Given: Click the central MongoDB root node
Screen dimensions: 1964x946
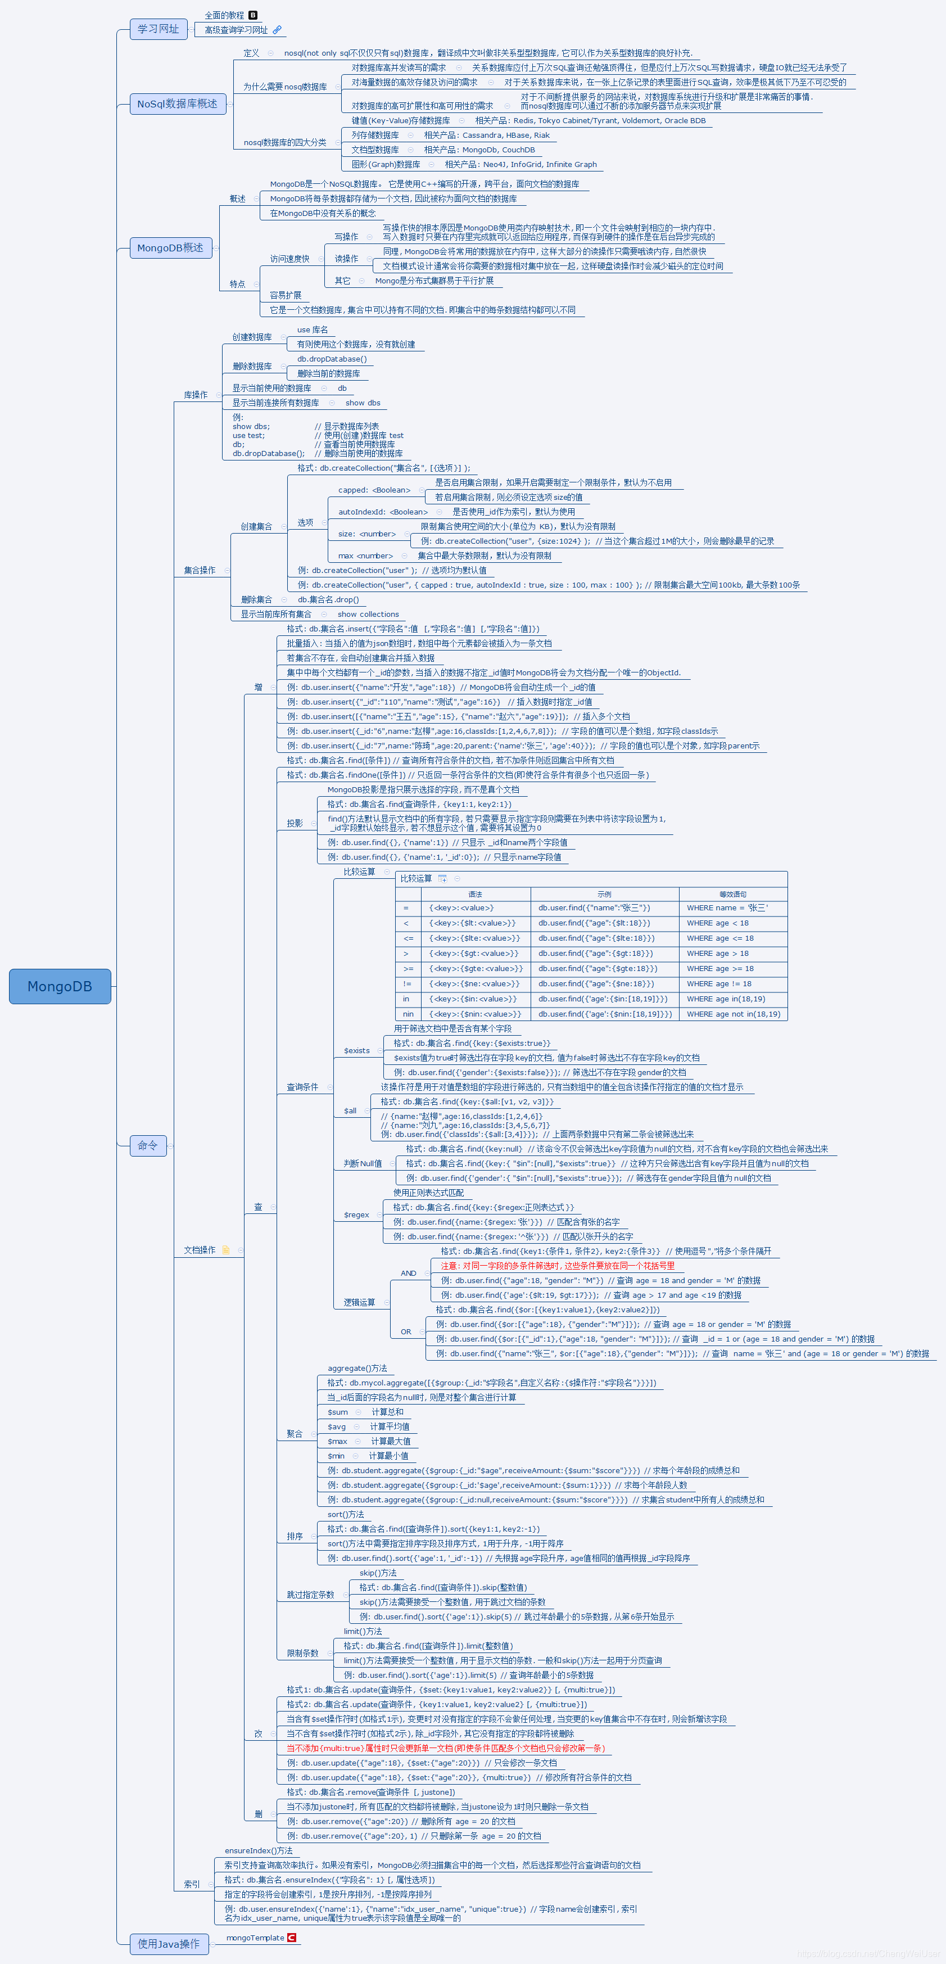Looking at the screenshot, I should coord(60,986).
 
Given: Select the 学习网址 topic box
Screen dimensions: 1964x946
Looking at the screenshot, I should coord(158,29).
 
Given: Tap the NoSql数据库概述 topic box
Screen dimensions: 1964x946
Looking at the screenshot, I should coord(177,103).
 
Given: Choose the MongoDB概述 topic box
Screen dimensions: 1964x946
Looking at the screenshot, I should coord(170,248).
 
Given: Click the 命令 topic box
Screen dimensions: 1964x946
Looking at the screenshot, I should coord(147,1145).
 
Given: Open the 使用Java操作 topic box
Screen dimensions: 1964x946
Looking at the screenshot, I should coord(169,1943).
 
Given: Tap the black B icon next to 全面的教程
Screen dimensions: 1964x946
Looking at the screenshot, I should coord(253,15).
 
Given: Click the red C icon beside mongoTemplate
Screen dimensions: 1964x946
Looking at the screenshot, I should coord(291,1938).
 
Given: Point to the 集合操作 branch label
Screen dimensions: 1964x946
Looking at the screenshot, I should coord(199,570).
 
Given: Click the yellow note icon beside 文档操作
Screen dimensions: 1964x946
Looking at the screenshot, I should coord(225,1249).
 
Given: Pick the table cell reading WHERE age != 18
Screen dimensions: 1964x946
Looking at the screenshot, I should coord(718,983).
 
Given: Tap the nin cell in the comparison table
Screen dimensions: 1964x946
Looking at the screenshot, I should coord(408,1014).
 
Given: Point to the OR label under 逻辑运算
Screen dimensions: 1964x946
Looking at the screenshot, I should coord(405,1332).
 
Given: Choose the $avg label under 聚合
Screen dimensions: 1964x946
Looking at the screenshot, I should coord(336,1426).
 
